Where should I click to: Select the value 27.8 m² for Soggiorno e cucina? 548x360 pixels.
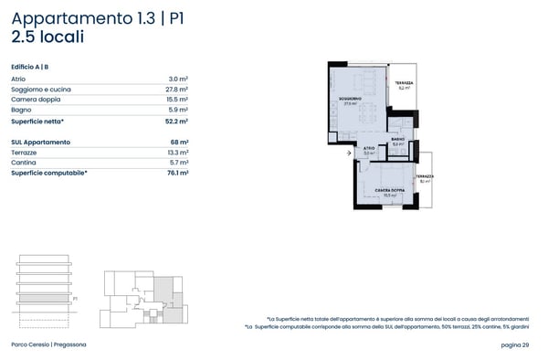coord(177,90)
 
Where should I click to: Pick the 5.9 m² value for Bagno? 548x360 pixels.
coord(179,110)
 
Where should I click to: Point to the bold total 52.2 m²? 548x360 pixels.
coord(177,121)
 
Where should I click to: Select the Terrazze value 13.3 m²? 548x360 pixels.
coord(177,152)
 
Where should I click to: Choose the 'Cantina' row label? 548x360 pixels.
coord(24,162)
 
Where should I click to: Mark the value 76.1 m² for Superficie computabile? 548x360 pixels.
coord(177,172)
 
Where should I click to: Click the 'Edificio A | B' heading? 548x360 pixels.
coord(30,68)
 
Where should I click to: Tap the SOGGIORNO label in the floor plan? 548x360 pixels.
coord(348,99)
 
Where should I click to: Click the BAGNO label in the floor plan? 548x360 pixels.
coord(397,140)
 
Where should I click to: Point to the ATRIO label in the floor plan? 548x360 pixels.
coord(368,148)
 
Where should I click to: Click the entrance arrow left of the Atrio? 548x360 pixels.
coord(348,154)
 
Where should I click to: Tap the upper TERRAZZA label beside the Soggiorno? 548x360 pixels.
coord(404,83)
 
